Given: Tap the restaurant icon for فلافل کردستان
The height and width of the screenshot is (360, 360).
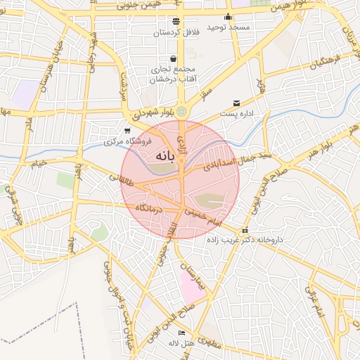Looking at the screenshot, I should [175, 21].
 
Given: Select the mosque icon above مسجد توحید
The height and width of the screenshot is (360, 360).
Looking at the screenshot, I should [227, 18].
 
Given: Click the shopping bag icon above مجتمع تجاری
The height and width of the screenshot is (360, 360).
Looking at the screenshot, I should [173, 58].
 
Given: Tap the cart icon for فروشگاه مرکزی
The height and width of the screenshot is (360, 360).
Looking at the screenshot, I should [127, 130].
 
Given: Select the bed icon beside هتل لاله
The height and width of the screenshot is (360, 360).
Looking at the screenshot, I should [183, 333].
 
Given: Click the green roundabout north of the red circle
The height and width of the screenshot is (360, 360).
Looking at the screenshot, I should [181, 112].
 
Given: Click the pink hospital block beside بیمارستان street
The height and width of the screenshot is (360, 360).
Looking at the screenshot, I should [191, 285].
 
